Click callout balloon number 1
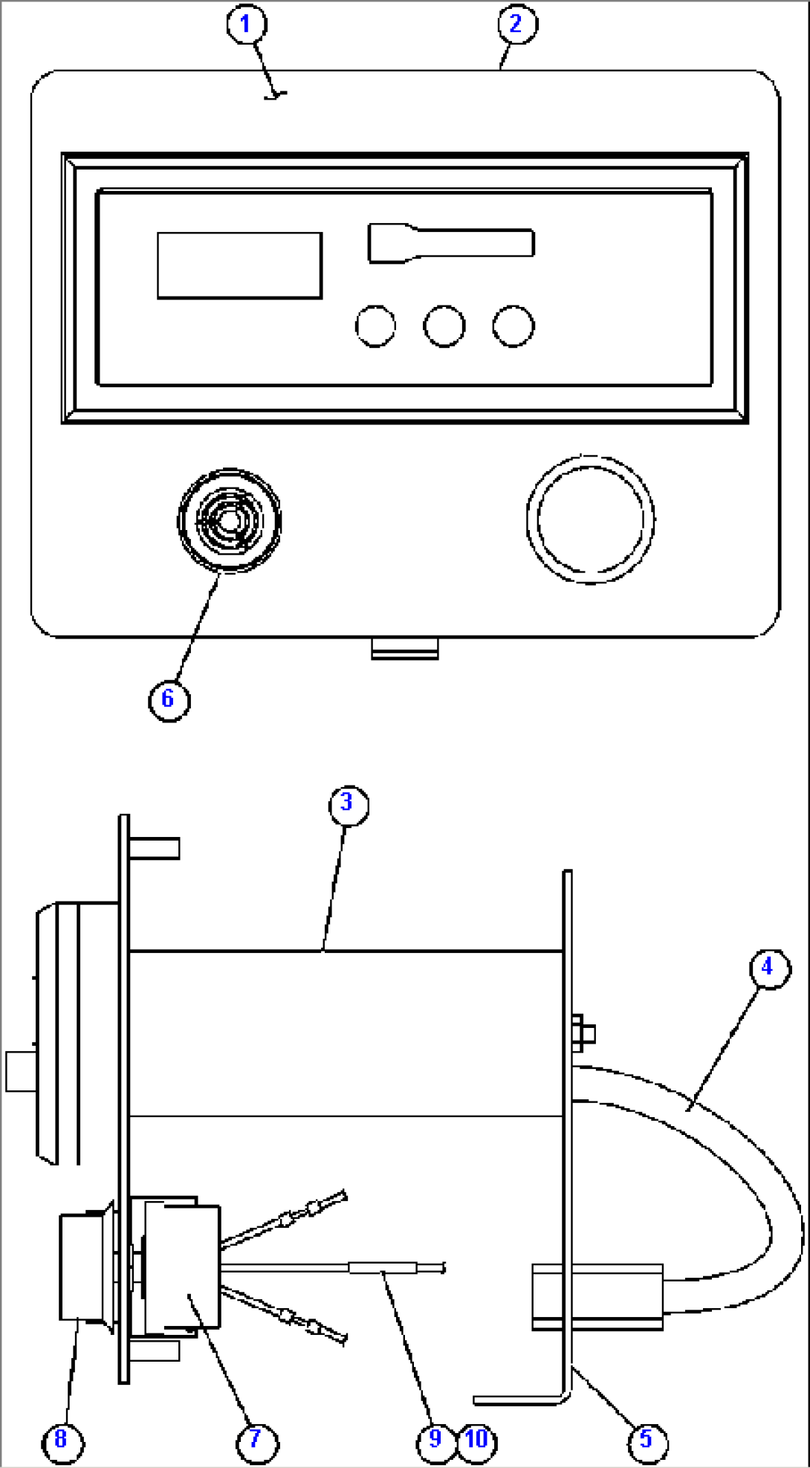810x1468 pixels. tap(246, 25)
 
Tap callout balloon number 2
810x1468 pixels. tap(516, 25)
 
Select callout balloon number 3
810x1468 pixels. tap(348, 804)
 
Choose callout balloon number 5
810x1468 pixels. tap(647, 1440)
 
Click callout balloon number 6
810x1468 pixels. tap(169, 699)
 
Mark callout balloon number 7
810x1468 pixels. tap(256, 1440)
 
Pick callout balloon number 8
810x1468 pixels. tap(62, 1440)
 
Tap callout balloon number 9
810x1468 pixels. tap(435, 1440)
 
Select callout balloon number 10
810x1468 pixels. tap(477, 1440)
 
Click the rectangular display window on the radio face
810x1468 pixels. tap(239, 265)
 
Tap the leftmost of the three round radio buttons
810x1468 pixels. tap(375, 326)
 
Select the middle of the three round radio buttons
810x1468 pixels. tap(444, 326)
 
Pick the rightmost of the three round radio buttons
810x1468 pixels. tap(513, 326)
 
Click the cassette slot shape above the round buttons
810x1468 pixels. tap(450, 243)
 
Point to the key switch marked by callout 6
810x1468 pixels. tap(229, 520)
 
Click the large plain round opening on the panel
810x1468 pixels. tap(590, 520)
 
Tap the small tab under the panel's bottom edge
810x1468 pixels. tap(404, 648)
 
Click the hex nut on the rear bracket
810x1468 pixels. tap(583, 1032)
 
